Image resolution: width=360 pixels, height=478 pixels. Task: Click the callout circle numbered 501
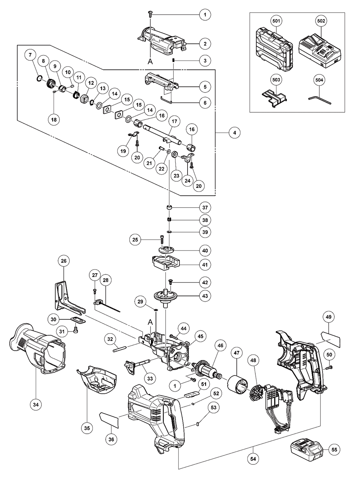[x=276, y=21]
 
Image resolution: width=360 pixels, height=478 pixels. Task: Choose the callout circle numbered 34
[x=35, y=405]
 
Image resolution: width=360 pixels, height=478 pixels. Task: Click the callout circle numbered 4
[x=234, y=133]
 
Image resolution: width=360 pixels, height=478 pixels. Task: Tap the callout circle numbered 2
[x=205, y=44]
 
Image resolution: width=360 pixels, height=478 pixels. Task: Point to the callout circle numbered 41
[x=205, y=265]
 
